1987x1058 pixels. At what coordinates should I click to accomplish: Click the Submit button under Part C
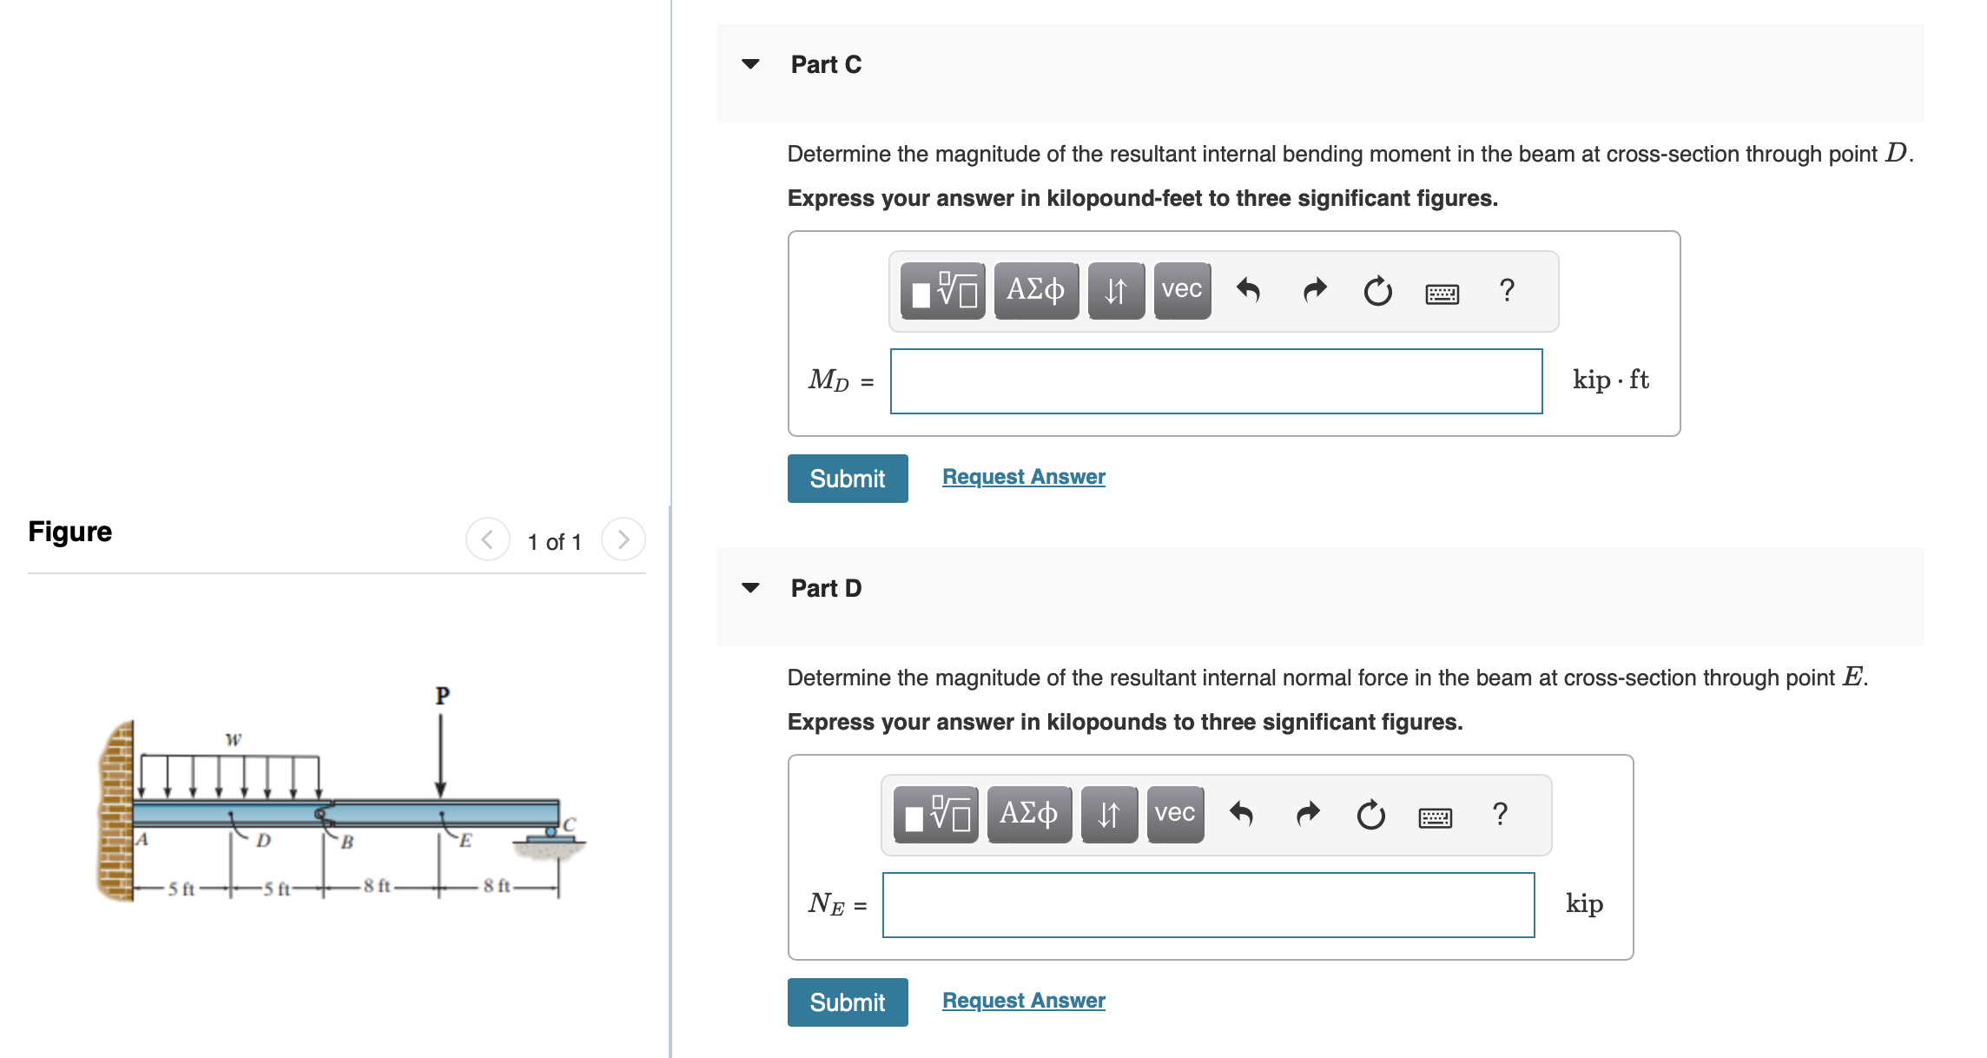pos(847,479)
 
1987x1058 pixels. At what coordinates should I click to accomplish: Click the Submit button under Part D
pos(847,1002)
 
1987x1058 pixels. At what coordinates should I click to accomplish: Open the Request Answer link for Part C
pos(1023,477)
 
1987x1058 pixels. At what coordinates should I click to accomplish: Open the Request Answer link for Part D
pos(1023,1001)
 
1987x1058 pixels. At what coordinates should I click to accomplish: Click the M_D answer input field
pos(1216,381)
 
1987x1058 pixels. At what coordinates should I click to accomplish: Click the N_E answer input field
pos(1208,905)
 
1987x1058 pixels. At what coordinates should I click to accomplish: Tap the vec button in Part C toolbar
pos(1181,290)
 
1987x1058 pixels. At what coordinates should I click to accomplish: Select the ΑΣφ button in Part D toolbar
pos(1028,814)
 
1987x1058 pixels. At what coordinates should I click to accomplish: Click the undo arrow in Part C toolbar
pos(1248,290)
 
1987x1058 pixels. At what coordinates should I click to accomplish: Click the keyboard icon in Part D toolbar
pos(1435,817)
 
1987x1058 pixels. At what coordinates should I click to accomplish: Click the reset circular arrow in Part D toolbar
pos(1370,815)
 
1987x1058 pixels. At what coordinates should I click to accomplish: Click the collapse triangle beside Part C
pos(751,64)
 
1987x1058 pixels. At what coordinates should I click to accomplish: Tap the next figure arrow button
pos(623,539)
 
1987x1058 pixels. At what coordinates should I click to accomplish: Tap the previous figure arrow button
pos(487,539)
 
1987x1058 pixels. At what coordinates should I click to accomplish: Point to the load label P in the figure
pos(442,696)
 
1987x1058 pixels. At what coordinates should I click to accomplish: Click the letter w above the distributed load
pos(233,739)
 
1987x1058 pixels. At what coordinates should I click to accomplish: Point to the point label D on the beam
pos(263,840)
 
